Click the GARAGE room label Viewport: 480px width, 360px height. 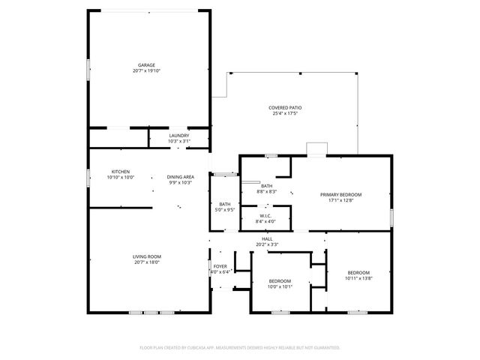[146, 65]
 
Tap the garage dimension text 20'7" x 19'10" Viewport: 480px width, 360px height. [146, 71]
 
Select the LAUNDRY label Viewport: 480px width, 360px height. [178, 136]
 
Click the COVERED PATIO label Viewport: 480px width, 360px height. [285, 108]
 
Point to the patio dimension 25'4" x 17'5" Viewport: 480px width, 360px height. [285, 114]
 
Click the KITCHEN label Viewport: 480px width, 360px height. [121, 172]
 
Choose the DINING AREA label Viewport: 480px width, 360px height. [180, 177]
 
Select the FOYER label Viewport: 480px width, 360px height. [220, 265]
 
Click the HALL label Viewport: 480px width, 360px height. [266, 238]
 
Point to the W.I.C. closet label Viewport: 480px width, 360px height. [265, 216]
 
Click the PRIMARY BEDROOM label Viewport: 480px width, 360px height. [336, 195]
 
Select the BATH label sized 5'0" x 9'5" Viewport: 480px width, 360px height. [225, 204]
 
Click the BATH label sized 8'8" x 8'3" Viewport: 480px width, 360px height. [266, 186]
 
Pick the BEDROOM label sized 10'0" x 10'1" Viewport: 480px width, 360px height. [280, 281]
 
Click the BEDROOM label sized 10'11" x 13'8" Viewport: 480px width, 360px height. [358, 272]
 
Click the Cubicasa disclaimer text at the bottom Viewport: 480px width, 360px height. [240, 347]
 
